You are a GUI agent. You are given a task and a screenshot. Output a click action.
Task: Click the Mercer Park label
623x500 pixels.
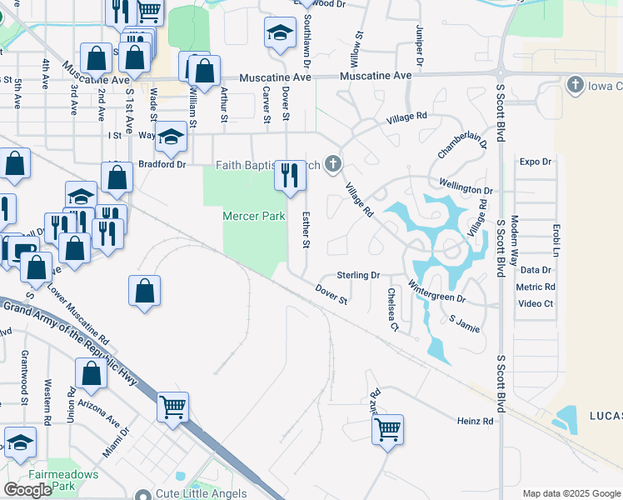coord(254,217)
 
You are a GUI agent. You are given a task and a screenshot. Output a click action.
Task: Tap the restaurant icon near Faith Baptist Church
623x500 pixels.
coord(290,176)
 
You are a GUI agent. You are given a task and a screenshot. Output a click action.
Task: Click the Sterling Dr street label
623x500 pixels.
coord(358,275)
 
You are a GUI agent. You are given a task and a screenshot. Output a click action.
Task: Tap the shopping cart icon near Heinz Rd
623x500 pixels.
coord(387,430)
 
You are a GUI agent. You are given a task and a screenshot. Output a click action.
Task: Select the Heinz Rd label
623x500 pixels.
coord(475,422)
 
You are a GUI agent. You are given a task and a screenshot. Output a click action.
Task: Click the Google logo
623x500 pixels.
coord(27,490)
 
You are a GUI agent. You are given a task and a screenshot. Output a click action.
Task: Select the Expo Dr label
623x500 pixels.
coord(536,162)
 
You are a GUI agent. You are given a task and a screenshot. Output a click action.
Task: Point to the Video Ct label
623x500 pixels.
coord(536,303)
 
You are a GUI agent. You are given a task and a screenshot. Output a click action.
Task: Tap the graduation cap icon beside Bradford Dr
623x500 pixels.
coord(171,139)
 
